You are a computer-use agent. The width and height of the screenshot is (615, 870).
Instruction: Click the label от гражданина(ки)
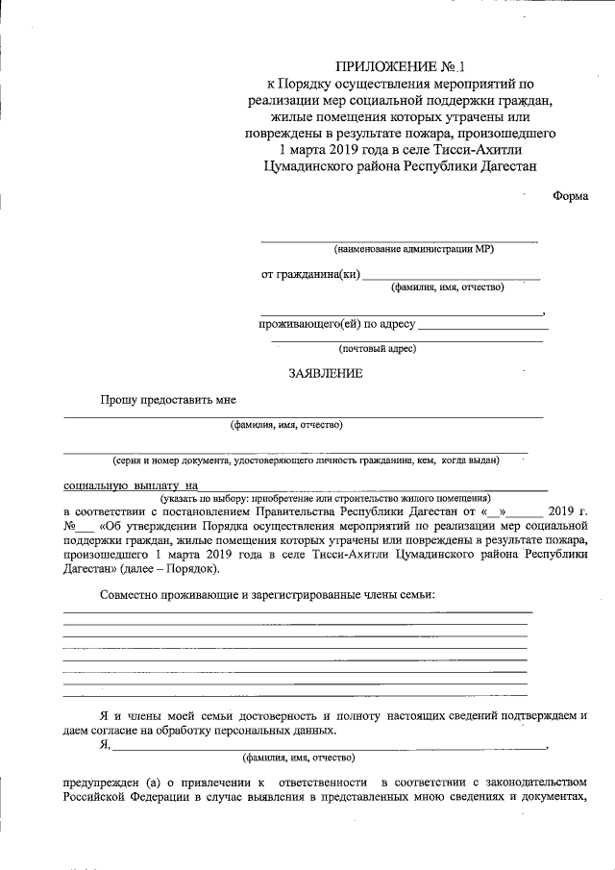310,274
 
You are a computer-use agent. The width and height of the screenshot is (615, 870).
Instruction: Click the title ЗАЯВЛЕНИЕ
326,374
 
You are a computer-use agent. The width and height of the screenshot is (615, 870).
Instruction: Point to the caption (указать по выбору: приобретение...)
326,498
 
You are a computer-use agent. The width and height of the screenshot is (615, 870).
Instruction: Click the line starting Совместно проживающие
268,594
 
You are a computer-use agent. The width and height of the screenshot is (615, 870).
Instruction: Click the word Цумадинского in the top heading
306,166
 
